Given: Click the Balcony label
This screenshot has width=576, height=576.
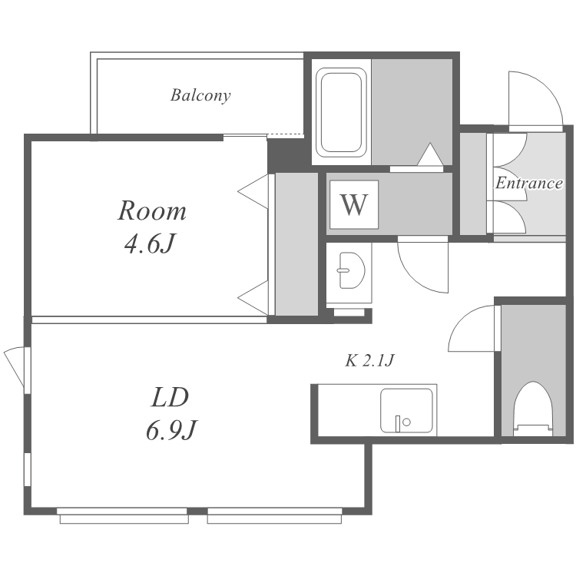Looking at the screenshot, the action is coord(200,95).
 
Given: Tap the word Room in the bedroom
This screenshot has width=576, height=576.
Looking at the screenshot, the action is coord(152,211).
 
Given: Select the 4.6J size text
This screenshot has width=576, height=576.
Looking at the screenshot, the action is coord(149,243).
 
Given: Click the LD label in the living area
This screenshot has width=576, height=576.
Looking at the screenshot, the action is coord(170,397).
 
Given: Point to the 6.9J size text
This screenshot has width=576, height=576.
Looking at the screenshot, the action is coord(171,430).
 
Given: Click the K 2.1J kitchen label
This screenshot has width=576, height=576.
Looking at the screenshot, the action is coord(369,360).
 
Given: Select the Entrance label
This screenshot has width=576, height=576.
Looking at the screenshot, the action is coord(529,183).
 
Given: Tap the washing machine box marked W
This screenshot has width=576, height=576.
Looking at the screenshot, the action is coord(354,204).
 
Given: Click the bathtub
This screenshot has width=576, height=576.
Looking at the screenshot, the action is coord(341,112).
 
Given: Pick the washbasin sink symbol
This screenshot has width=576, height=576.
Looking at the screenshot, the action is coord(352,270).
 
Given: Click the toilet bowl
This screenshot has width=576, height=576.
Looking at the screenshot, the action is coord(533,409).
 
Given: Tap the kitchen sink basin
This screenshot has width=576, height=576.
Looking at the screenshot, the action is coord(406,410).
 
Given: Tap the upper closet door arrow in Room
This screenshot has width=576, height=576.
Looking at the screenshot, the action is coord(253,191).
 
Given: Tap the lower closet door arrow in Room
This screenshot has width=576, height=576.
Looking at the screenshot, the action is coord(253,298).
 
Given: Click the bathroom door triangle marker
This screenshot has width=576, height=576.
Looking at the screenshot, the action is coord(430,154).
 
